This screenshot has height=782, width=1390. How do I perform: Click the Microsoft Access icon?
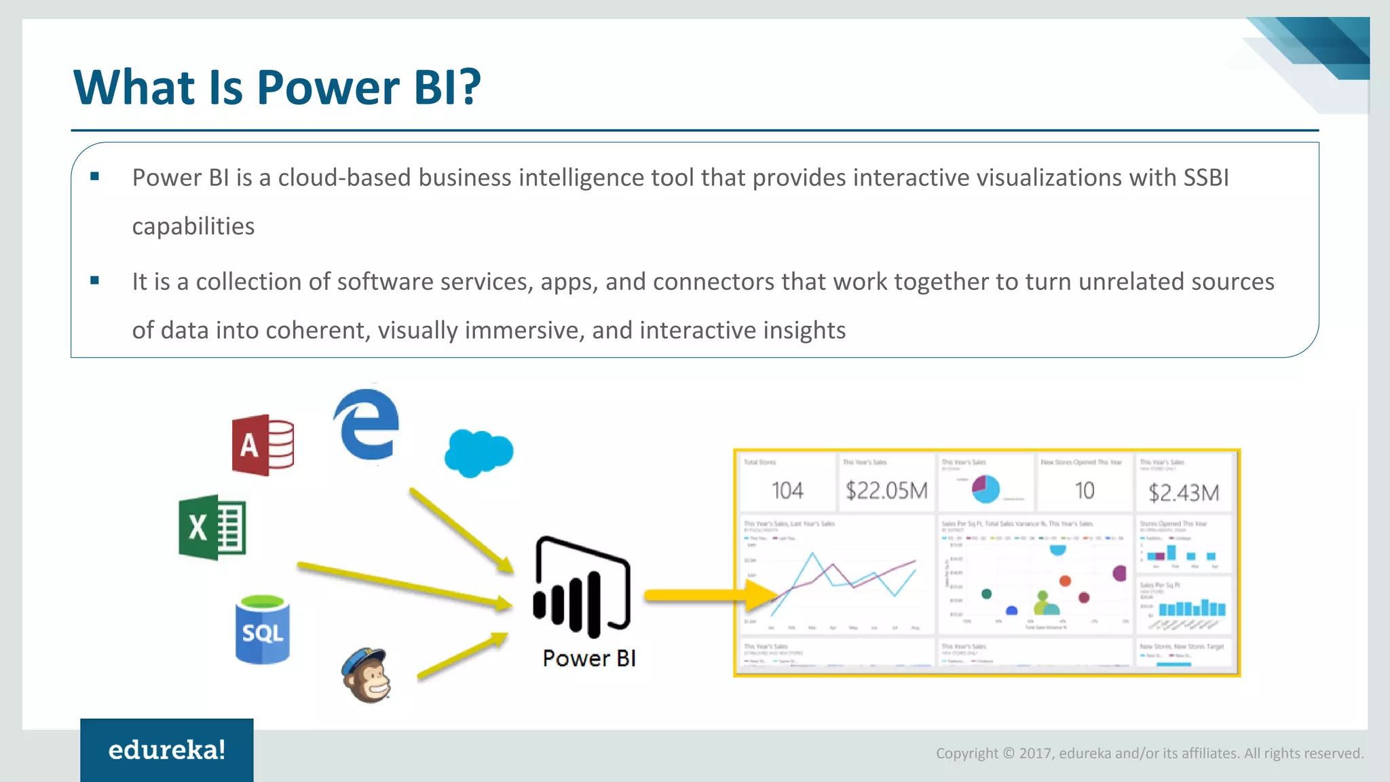pos(263,445)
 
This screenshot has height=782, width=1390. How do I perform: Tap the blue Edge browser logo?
pos(367,425)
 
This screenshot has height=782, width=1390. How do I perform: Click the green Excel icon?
pos(212,527)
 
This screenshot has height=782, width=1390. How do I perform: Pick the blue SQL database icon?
pos(263,630)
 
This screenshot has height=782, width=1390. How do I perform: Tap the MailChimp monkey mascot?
pos(367,675)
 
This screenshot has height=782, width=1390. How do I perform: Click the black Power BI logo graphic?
pos(582,587)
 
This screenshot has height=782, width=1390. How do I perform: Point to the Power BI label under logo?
pos(588,658)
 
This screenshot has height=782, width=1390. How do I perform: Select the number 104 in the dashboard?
pos(787,491)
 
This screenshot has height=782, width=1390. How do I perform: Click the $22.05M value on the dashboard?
pos(886,491)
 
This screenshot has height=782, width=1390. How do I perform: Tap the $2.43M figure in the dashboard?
pos(1184,493)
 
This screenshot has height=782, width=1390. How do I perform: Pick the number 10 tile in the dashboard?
pos(1085,491)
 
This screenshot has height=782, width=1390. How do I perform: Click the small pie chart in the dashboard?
pos(985,489)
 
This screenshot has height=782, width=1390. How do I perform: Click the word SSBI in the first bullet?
pos(1206,178)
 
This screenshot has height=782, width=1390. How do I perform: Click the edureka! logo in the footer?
pos(167,750)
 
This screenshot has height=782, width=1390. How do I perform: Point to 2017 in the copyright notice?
pos(1035,753)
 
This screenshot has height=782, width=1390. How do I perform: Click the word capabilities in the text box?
pos(193,227)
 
